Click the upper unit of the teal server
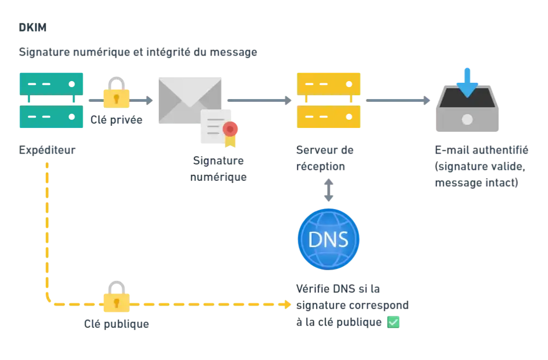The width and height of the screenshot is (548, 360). [x=51, y=83]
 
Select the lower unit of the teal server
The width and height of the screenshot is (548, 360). [x=51, y=117]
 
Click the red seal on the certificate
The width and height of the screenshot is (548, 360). [x=231, y=129]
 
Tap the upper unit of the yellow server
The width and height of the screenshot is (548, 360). [x=328, y=83]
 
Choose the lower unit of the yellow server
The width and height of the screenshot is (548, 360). [x=328, y=116]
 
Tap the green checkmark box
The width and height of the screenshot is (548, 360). [x=393, y=322]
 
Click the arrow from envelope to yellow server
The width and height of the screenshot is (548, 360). [x=259, y=100]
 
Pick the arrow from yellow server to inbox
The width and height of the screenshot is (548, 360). [x=398, y=100]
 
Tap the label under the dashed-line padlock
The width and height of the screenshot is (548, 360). [x=117, y=325]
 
